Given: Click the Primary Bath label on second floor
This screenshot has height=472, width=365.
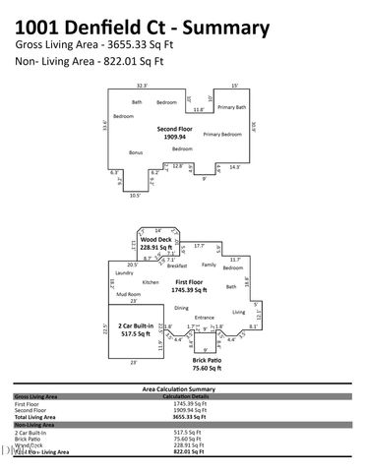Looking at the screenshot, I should tap(233, 106).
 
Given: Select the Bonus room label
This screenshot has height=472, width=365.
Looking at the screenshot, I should tap(136, 152).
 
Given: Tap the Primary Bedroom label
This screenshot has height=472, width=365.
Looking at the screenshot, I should tap(221, 134).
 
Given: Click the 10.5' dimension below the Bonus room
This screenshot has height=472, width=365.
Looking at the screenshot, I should tap(135, 195).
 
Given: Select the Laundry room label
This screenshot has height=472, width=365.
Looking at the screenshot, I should tap(124, 272).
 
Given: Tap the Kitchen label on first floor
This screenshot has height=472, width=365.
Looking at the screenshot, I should tap(151, 282).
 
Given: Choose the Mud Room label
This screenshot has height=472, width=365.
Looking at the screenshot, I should tap(128, 294).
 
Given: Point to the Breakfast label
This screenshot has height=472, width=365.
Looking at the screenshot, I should tap(177, 265).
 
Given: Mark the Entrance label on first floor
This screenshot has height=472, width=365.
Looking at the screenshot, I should tap(204, 318).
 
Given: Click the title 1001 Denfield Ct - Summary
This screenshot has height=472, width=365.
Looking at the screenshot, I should tap(143, 27).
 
